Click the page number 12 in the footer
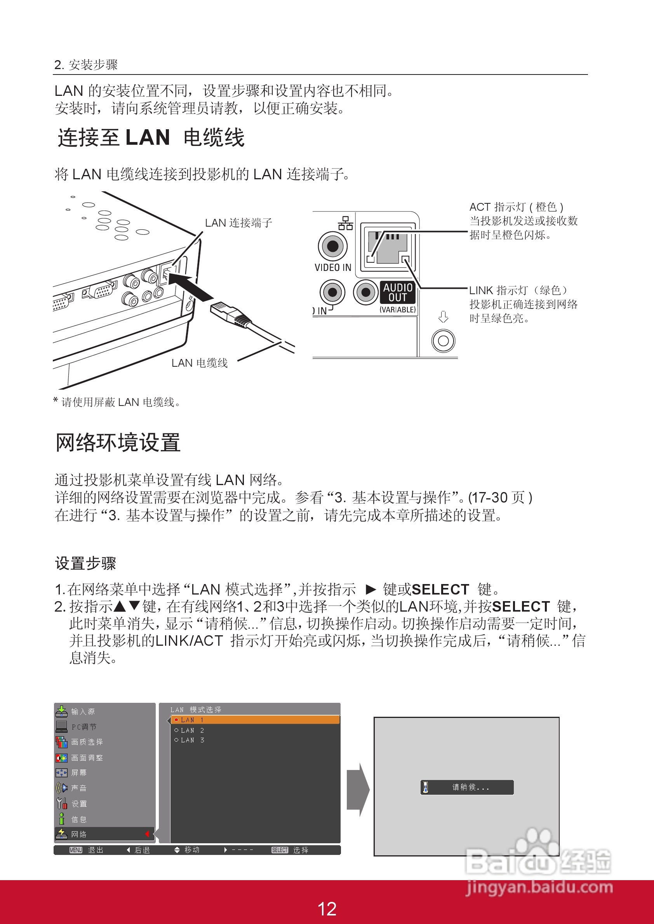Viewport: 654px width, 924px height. (327, 909)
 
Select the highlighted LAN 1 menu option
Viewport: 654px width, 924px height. (255, 720)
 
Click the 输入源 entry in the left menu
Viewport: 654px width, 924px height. (83, 711)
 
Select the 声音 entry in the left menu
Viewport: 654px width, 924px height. (78, 788)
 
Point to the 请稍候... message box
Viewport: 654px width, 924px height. (467, 787)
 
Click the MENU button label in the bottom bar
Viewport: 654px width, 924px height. (76, 850)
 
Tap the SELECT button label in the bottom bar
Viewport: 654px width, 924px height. (280, 850)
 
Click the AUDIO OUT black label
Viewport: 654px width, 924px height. (397, 293)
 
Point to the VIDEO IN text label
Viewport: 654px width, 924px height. (333, 268)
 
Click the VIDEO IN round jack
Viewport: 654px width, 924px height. (333, 246)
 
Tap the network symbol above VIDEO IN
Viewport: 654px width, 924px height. (345, 223)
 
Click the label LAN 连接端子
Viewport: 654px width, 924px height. (238, 223)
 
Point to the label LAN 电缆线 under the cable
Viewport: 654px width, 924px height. (199, 363)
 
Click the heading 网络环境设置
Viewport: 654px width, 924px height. (118, 443)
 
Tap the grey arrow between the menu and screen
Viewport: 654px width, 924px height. (358, 789)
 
